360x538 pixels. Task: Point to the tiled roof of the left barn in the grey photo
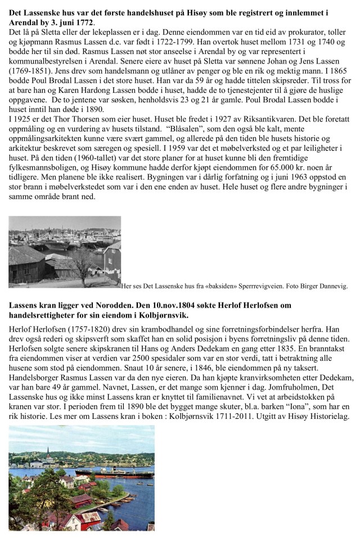click(x=25, y=256)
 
